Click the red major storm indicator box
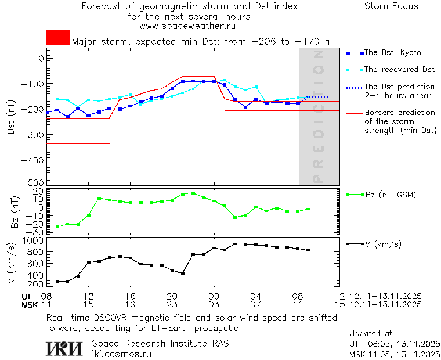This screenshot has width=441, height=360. coord(58,37)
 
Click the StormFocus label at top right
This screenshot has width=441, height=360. coord(391,6)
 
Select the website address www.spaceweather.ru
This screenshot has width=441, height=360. coord(187,26)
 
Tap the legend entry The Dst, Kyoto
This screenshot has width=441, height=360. coord(392,53)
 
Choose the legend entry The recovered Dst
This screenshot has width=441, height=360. coord(399,70)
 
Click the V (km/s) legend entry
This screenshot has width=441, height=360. coord(383,244)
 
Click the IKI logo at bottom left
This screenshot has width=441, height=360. coord(64,348)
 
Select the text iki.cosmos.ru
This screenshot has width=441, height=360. coord(121,353)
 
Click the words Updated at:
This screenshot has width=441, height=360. coord(372,334)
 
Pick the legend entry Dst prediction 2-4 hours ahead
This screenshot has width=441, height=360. coord(397,91)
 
